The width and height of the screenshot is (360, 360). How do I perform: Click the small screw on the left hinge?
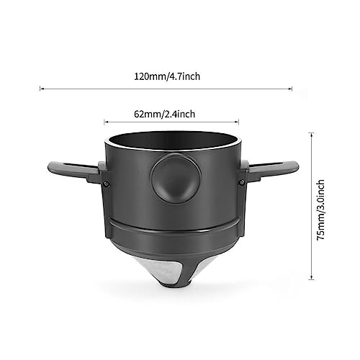tap(106, 184)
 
